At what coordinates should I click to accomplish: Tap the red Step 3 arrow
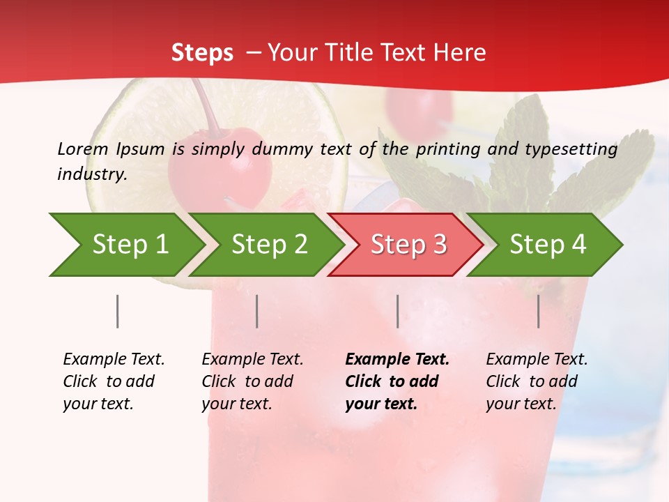pos(408,245)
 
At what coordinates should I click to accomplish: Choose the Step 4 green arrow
pos(548,245)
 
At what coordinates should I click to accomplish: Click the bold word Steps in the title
pos(202,52)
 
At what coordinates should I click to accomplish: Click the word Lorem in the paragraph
pos(82,149)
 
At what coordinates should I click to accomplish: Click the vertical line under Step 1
pos(118,311)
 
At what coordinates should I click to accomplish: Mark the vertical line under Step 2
pos(257,311)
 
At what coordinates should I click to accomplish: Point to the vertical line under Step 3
pos(398,311)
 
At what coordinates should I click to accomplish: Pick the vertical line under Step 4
pos(539,311)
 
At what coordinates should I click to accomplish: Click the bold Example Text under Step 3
pos(397,360)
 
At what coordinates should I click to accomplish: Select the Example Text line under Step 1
pos(114,360)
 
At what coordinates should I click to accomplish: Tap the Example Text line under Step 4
pos(537,360)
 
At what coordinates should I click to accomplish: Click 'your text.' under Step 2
pos(236,404)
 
